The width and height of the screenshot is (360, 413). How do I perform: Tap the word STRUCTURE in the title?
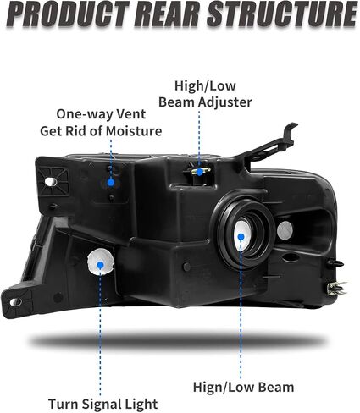[x=282, y=14]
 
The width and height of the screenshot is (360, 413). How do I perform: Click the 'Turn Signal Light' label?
[x=103, y=404]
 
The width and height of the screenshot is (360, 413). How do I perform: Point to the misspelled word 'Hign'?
[x=208, y=387]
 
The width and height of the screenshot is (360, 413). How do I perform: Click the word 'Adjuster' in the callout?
[x=225, y=102]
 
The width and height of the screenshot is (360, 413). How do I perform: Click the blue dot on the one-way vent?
[x=111, y=183]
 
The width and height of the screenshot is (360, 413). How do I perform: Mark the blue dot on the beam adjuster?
[x=200, y=172]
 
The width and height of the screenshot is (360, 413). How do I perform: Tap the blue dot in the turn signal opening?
[x=100, y=265]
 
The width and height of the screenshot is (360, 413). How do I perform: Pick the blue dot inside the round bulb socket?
[x=241, y=237]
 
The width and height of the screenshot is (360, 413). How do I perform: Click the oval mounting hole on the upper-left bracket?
[x=51, y=182]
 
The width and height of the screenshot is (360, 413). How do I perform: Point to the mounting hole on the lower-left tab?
[x=16, y=302]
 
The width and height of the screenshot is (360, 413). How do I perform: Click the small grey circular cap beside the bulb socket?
[x=285, y=230]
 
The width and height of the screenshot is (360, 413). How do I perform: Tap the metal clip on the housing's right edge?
[x=336, y=289]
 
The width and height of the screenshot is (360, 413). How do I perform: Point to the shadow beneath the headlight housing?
[x=180, y=341]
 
